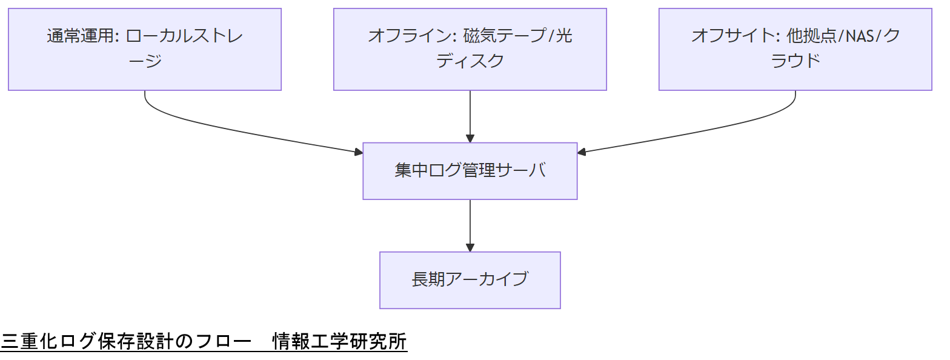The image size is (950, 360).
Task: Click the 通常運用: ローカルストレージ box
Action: [145, 49]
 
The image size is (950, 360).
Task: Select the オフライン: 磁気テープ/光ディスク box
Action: [470, 49]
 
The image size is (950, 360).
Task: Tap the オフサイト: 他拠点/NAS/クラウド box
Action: [795, 49]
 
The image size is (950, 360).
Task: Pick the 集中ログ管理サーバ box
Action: [470, 171]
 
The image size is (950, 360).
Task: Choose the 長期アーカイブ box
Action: [470, 280]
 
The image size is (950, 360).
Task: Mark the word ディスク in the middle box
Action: [470, 61]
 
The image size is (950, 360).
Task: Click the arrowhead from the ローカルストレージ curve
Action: [358, 152]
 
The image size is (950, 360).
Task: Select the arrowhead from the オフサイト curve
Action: [582, 152]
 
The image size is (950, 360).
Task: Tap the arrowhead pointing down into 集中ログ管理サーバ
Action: [470, 138]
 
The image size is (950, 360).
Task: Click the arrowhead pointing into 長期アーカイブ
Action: [470, 247]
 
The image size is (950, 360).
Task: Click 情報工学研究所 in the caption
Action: [339, 342]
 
